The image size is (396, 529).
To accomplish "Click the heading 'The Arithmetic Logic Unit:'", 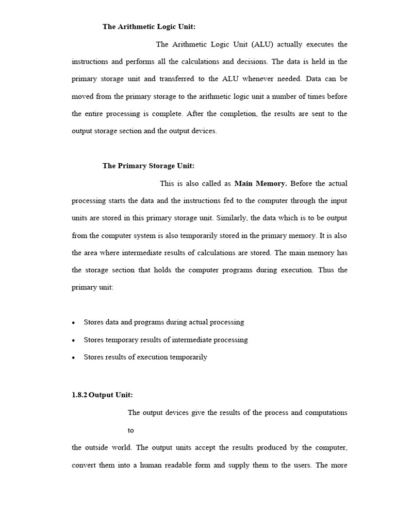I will pos(148,27).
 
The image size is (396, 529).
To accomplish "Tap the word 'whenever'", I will pos(258,79).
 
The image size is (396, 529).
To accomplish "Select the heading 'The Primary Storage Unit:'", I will pos(148,166).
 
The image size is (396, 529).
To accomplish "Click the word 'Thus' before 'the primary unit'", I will pos(326,270).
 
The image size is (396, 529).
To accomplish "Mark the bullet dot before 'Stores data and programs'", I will pos(74,323).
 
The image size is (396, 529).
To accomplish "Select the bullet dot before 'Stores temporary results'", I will pos(74,340).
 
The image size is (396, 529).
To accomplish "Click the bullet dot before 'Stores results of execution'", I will pos(74,357).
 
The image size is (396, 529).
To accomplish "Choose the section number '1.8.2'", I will pos(79,395).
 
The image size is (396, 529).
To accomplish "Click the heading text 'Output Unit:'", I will pos(111,395).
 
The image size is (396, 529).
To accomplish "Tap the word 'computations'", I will pos(325,413).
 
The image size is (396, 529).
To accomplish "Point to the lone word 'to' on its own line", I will pos(131,430).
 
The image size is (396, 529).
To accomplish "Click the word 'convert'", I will pos(84,465).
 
